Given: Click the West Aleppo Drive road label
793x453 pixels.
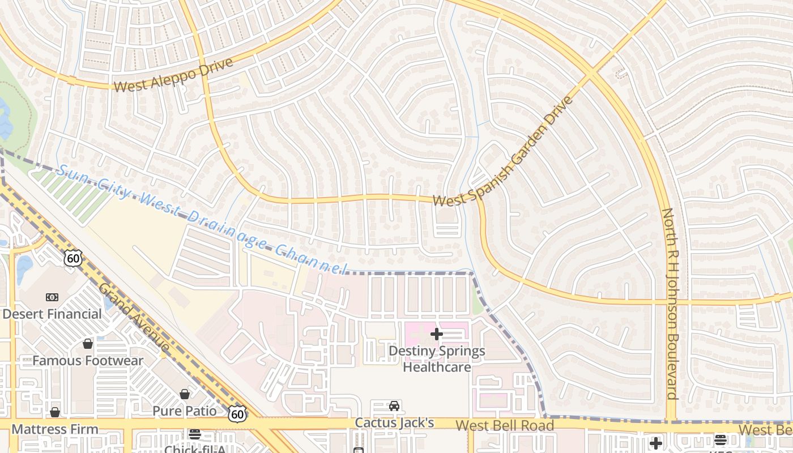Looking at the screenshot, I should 173,75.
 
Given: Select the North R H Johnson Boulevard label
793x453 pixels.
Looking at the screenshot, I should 670,304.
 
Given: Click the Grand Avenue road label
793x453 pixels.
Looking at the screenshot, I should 133,317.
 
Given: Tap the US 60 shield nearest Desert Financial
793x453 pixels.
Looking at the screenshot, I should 73,259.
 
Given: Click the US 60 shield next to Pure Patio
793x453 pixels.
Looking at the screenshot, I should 237,414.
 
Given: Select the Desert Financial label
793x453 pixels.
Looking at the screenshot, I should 52,314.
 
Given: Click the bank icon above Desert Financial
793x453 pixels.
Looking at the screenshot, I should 52,297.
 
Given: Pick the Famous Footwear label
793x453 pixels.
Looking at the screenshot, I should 88,361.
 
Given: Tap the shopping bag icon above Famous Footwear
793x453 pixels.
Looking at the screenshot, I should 88,344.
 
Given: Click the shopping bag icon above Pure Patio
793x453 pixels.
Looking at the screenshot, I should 185,394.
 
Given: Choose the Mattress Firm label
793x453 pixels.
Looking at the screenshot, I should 54,429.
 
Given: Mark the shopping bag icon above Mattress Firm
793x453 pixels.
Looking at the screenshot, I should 54,412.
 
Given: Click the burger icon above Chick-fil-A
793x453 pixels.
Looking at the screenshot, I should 195,434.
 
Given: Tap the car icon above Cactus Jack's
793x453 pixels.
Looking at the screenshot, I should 394,405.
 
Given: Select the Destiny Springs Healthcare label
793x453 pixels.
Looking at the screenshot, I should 437,359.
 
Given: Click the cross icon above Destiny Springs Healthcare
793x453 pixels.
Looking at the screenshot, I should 437,334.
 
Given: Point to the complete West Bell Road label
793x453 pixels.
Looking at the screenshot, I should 505,426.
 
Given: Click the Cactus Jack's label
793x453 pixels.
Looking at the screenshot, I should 394,423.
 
